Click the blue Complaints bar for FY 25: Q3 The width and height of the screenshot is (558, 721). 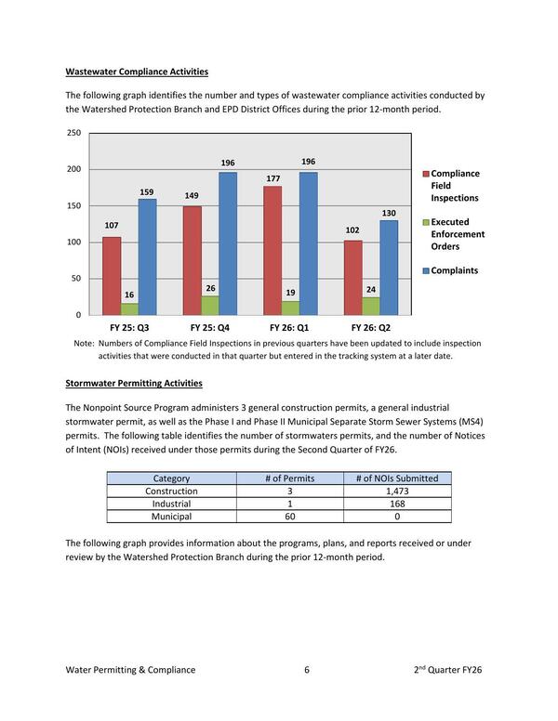point(147,257)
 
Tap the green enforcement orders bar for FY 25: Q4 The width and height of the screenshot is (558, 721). point(210,306)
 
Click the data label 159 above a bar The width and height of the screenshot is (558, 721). point(147,192)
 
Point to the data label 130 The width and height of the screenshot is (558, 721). point(389,214)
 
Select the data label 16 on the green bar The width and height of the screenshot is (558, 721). point(129,295)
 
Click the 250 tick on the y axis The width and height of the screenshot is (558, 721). point(73,134)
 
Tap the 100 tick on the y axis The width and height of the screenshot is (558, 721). point(73,243)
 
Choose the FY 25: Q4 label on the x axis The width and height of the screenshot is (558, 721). point(210,328)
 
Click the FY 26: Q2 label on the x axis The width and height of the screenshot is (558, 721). point(371,328)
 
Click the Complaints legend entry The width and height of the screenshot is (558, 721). point(454,270)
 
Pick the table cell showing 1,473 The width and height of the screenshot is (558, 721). point(397,491)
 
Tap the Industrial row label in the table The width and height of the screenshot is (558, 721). point(171,504)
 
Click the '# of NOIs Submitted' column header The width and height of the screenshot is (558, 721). point(397,478)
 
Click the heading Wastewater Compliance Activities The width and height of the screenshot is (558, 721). point(137,72)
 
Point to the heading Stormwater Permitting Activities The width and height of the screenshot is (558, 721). point(134,383)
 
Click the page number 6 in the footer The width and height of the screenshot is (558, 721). point(306,669)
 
